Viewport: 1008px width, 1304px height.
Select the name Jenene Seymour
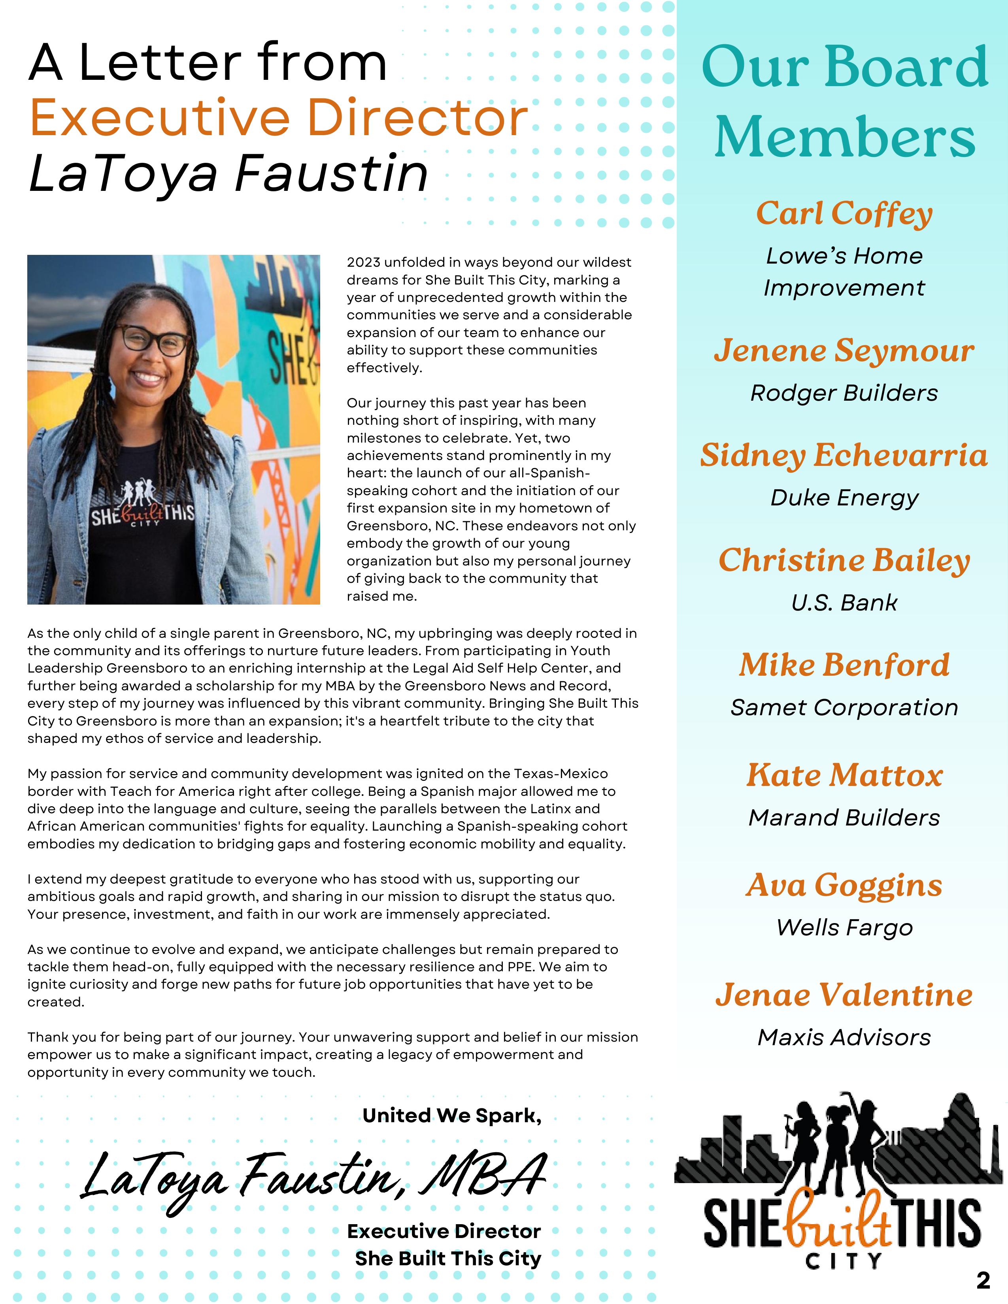(x=844, y=350)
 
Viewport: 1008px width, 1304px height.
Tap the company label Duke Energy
(x=844, y=497)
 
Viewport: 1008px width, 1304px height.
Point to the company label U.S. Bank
(x=844, y=603)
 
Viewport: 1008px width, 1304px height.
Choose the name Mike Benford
(x=844, y=665)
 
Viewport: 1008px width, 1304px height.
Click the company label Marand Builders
(x=844, y=818)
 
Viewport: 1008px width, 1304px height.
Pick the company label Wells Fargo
(x=844, y=927)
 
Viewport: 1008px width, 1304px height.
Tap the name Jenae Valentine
(x=844, y=995)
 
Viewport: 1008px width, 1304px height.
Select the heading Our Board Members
(x=844, y=102)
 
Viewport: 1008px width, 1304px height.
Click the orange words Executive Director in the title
(x=279, y=118)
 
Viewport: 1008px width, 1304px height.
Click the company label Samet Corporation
(x=844, y=708)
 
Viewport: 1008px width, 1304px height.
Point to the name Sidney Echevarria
(x=844, y=456)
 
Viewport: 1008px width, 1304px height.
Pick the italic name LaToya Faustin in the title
(x=229, y=174)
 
